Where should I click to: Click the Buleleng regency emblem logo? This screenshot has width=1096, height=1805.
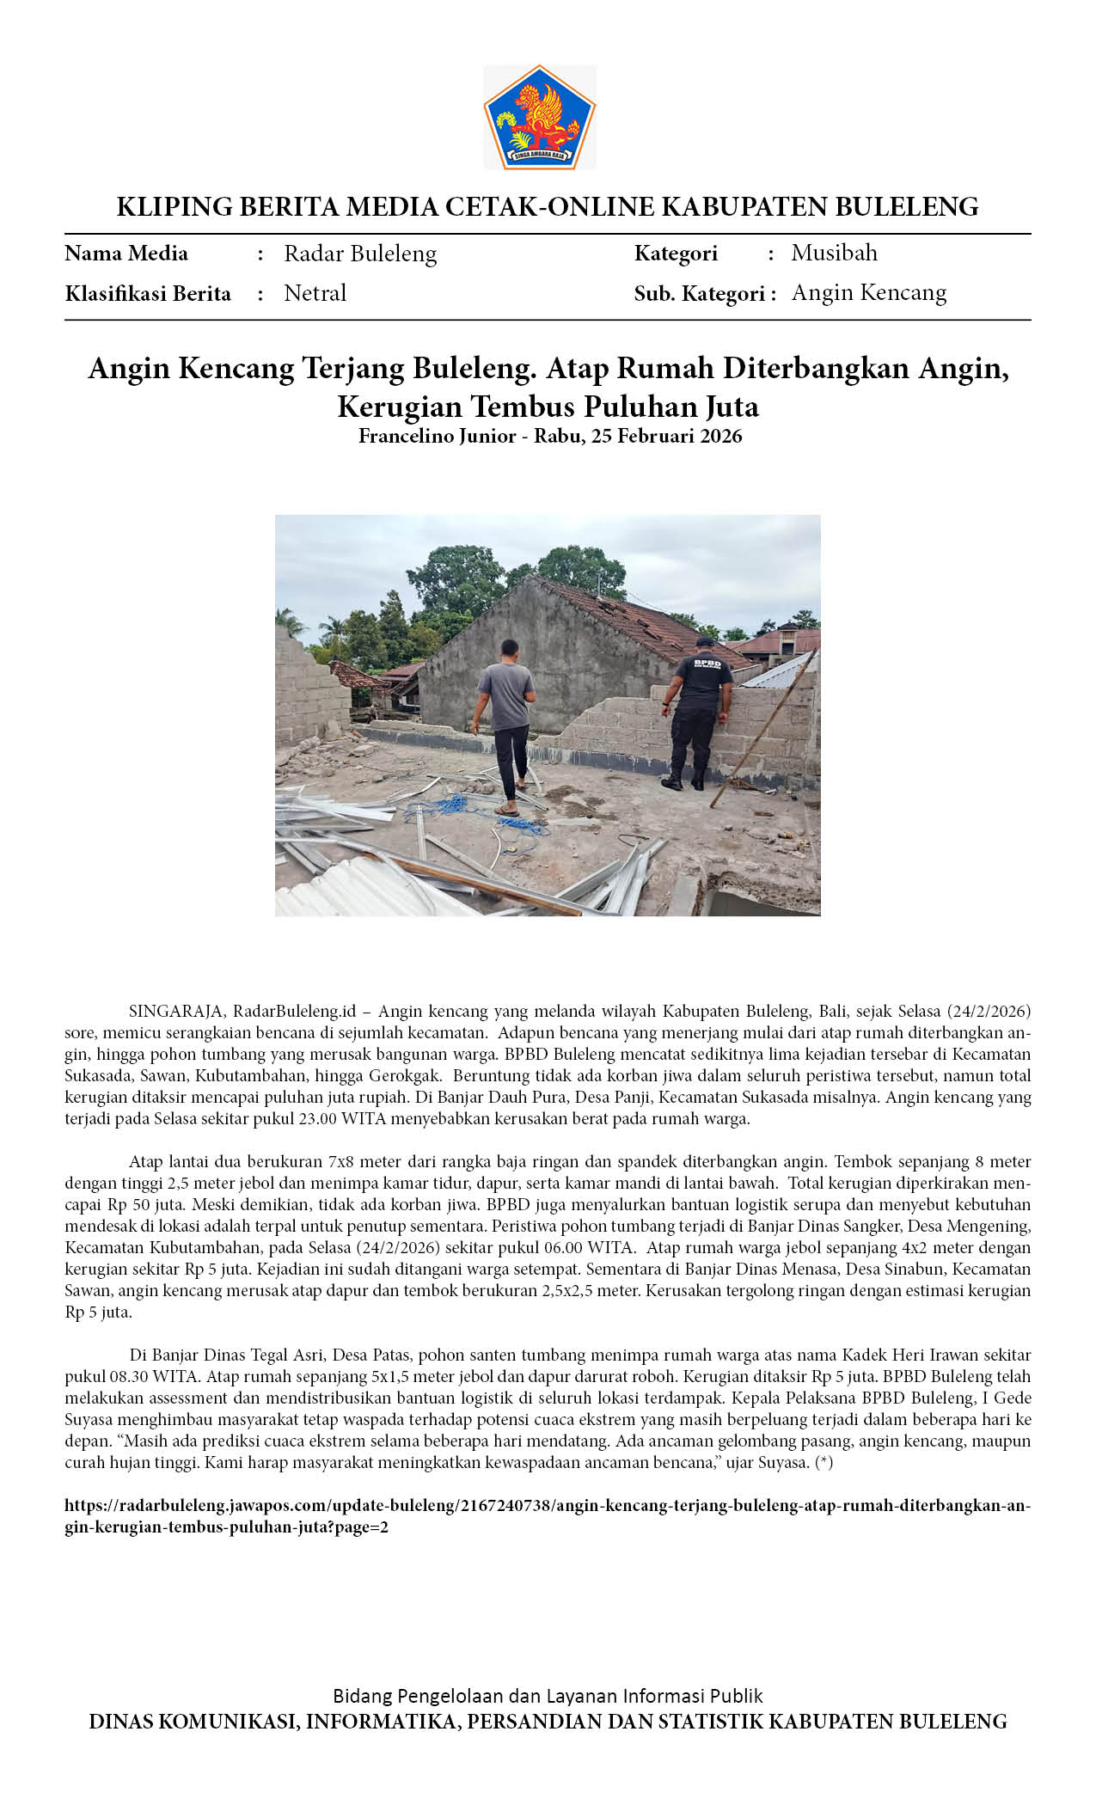[539, 118]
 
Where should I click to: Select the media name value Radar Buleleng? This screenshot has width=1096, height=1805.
[360, 254]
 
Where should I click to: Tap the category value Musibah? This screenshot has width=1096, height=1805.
[834, 253]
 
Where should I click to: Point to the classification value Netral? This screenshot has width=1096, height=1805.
[315, 293]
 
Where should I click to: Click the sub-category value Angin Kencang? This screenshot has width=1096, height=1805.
[868, 293]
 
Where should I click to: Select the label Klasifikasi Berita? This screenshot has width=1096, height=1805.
[148, 294]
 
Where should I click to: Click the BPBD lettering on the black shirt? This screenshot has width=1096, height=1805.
[707, 663]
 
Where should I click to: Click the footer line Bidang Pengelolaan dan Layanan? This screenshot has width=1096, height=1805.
[548, 1696]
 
